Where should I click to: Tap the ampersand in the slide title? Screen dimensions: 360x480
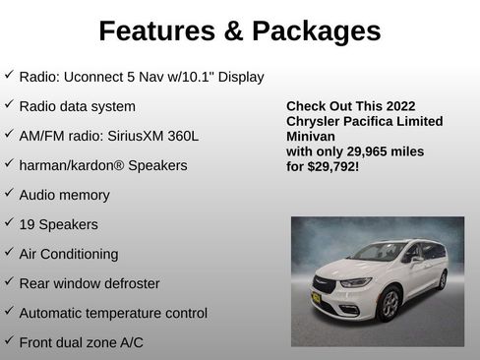tap(232, 31)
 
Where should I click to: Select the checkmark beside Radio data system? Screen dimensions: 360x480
tap(9, 104)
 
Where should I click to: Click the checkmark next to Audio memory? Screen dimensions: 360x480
tap(9, 193)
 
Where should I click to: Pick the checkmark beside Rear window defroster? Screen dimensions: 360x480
tap(9, 281)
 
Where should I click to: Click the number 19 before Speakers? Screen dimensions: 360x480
tap(28, 224)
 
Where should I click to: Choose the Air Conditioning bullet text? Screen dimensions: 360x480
tap(69, 254)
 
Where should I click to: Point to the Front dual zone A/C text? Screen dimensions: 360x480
tap(83, 342)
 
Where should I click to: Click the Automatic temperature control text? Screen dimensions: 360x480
tap(113, 313)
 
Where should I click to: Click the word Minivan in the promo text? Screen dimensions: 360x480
tap(312, 137)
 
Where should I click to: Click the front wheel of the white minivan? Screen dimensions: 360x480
tap(389, 303)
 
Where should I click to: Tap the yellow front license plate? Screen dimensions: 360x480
tap(316, 298)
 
